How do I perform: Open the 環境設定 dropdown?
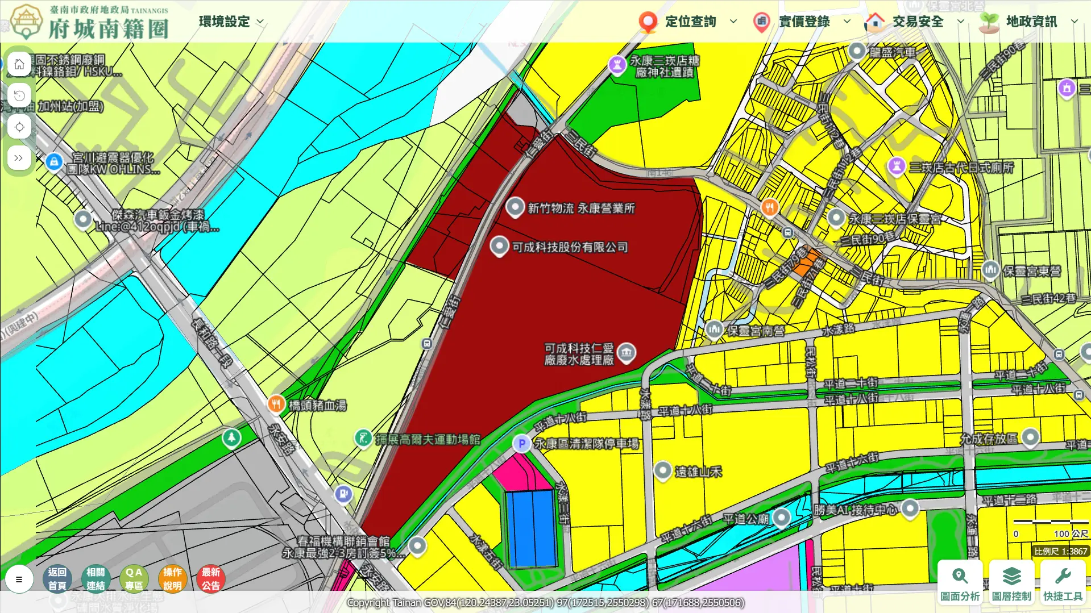coord(231,22)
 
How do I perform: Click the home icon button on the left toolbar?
coord(19,64)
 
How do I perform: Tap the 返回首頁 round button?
coord(57,578)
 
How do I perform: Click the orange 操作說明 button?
coord(172,578)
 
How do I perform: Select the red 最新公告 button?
coord(210,578)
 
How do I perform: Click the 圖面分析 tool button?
coord(960,582)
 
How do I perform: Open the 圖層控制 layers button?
coord(1011,582)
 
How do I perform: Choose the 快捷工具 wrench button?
coord(1062,582)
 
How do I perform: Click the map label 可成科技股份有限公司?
coord(570,247)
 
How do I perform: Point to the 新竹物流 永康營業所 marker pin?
coord(515,207)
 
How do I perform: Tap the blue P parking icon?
coord(521,444)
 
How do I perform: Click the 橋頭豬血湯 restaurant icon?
coord(276,404)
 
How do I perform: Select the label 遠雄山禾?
coord(698,472)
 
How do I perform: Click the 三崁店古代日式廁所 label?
coord(961,168)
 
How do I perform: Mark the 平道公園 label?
coord(745,519)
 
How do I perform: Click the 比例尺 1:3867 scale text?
coord(1060,551)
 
